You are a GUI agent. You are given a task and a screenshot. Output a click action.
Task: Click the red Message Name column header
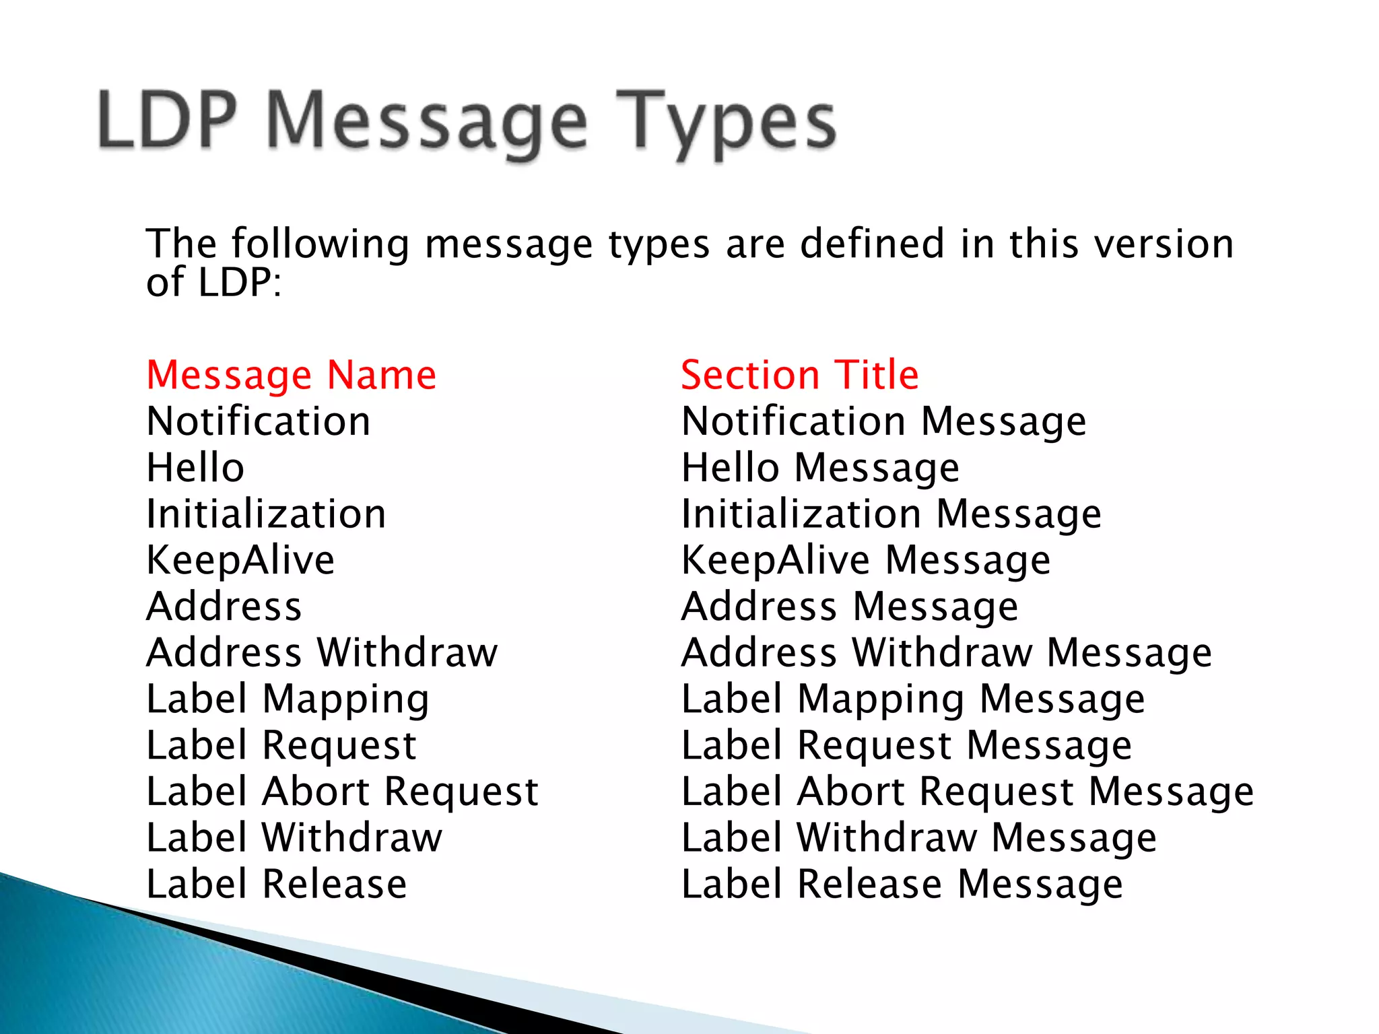tap(291, 375)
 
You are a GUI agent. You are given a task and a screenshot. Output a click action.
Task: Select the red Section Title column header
tap(799, 375)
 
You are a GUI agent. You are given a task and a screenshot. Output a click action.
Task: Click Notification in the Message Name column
tap(259, 421)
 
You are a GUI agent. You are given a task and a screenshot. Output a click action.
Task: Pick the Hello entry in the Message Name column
tap(195, 468)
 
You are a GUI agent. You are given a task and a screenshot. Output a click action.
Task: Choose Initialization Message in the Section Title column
tap(891, 514)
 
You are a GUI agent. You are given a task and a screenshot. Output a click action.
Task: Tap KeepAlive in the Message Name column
tap(240, 560)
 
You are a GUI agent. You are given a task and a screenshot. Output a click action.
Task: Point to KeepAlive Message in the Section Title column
tap(865, 560)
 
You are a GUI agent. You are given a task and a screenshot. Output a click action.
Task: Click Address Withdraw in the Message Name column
tap(322, 653)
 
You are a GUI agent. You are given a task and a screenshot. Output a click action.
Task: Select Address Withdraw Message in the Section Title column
tap(946, 653)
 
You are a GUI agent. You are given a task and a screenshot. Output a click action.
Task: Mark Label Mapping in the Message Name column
tap(288, 699)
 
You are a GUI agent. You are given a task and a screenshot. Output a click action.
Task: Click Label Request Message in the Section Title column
tap(906, 746)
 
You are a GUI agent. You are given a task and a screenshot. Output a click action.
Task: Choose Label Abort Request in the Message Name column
tap(342, 792)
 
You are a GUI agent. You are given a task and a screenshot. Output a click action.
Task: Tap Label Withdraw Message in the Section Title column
tap(918, 838)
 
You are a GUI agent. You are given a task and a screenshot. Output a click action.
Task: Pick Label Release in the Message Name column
tap(277, 885)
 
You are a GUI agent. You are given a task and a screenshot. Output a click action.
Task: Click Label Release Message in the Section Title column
tap(902, 885)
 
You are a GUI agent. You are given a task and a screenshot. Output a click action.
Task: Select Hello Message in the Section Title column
tap(820, 468)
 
